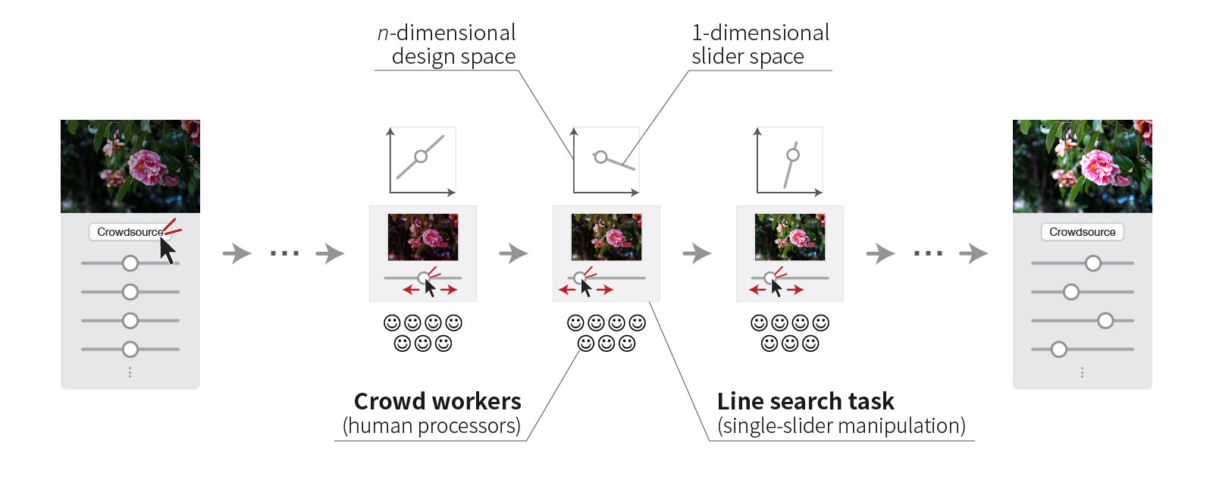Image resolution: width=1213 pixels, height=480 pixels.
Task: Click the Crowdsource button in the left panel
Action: (129, 232)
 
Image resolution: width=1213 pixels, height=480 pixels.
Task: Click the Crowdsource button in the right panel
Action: (1082, 232)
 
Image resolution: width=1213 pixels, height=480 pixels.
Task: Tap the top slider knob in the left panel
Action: (130, 263)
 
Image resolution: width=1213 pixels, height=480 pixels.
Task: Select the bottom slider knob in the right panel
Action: (1059, 350)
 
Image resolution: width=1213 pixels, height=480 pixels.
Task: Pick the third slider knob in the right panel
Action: (1105, 321)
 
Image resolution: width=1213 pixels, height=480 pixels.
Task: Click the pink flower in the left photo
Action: (146, 166)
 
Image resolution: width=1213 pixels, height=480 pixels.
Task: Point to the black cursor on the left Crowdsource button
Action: (167, 249)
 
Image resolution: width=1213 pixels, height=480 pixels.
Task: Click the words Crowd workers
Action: (437, 401)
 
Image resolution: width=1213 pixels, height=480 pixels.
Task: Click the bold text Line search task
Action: (805, 401)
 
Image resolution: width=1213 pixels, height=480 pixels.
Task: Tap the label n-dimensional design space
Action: (447, 44)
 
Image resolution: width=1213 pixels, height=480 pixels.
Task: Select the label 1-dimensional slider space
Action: (760, 44)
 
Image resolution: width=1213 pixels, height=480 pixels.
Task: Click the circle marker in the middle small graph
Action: (601, 157)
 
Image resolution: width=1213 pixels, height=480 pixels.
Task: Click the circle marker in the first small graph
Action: (421, 157)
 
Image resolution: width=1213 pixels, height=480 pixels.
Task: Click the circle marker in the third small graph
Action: (793, 155)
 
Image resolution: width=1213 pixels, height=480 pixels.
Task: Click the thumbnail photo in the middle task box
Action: (606, 237)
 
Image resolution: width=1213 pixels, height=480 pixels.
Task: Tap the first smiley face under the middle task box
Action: (575, 323)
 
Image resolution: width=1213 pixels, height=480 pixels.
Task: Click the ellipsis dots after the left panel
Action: (284, 253)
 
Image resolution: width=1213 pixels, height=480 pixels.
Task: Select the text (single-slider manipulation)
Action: (842, 426)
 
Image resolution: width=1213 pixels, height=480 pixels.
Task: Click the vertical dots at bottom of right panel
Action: (1082, 372)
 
